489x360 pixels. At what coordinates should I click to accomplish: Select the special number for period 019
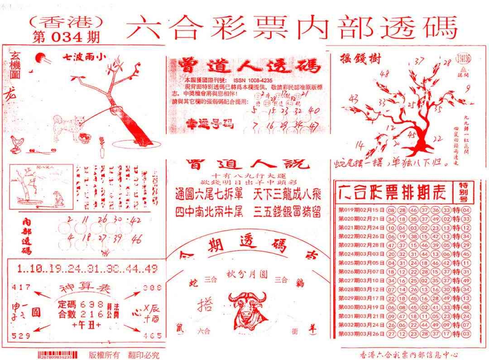click(466, 210)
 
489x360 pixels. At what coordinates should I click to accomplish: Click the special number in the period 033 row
click(466, 334)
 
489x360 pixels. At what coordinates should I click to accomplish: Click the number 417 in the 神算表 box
click(22, 286)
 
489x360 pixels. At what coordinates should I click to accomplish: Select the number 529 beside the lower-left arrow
click(22, 336)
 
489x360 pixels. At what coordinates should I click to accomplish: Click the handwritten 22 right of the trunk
click(437, 139)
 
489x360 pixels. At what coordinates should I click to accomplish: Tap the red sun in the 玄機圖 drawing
click(40, 58)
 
